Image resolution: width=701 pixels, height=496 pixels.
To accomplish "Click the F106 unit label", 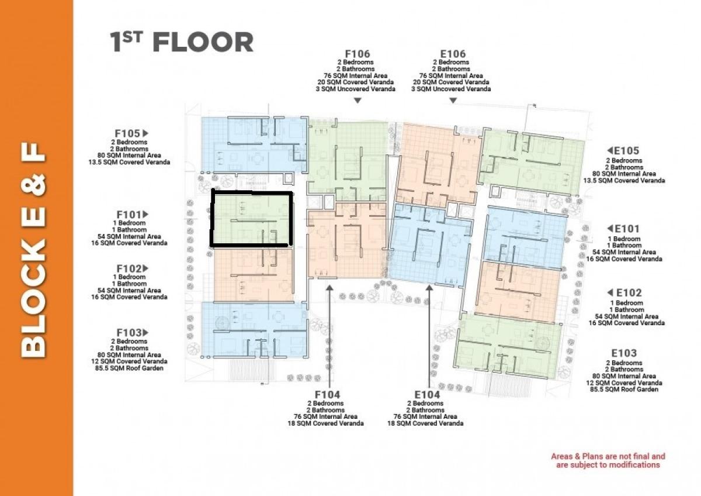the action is [358, 54].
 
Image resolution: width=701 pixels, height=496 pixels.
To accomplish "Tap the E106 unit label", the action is [453, 54].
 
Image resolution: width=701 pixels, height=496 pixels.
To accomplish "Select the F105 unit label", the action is [127, 133].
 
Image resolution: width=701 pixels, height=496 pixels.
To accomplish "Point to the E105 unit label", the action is [627, 151].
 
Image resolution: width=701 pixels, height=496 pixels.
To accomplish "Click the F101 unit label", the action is [129, 215].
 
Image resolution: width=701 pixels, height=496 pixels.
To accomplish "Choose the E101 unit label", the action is [627, 229].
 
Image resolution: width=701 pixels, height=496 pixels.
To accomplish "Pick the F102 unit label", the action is [129, 268].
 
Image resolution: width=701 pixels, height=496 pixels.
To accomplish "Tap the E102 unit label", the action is [629, 292].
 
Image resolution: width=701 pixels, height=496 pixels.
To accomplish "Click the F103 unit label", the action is [129, 332].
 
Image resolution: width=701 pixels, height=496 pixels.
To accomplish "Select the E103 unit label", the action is [624, 353].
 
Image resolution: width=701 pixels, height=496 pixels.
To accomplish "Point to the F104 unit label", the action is [327, 394].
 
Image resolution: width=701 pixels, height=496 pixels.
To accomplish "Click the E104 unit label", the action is [427, 394].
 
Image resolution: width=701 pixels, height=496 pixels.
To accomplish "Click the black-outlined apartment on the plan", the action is [212, 219].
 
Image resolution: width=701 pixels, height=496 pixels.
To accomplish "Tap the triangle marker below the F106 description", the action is [358, 101].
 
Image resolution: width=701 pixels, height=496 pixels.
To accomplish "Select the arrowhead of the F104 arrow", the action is [329, 288].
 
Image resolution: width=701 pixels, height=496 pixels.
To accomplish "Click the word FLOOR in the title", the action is [203, 43].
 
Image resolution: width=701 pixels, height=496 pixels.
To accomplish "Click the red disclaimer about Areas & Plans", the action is [608, 460].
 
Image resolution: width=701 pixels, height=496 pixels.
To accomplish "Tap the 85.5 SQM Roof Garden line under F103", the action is [129, 368].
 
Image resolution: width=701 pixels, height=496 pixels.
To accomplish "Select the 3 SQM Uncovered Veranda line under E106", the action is [451, 89].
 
